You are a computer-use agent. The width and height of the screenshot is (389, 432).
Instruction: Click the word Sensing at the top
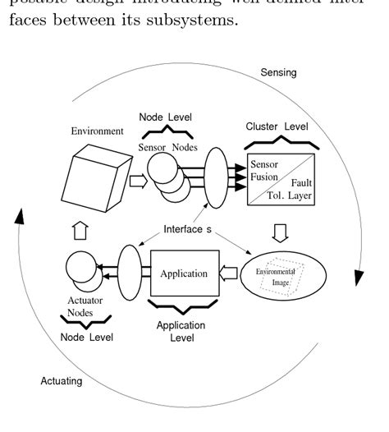tap(278, 73)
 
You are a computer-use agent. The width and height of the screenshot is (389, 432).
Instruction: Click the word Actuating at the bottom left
tap(62, 380)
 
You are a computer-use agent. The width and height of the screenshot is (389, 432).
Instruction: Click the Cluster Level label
tap(277, 126)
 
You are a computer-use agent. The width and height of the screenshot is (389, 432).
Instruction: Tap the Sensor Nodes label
tap(169, 149)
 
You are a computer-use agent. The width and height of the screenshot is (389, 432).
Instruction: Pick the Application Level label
tap(181, 331)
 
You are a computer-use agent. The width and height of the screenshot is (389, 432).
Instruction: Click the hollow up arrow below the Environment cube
tap(80, 232)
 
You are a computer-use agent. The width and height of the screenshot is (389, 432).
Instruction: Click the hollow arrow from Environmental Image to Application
tap(231, 273)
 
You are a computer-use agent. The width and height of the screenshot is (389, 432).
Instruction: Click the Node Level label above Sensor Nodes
tap(165, 115)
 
